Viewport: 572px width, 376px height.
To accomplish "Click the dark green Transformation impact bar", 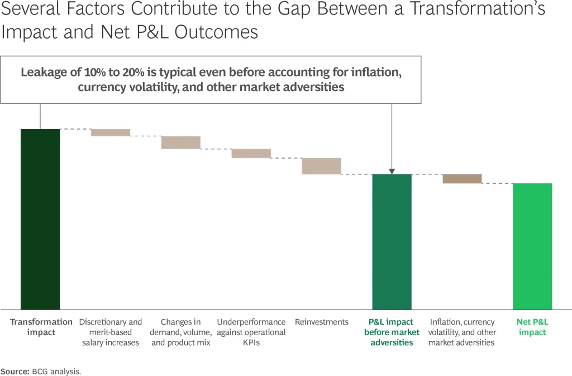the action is tap(40, 219).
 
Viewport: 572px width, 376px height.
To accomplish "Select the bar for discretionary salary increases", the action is tap(111, 133).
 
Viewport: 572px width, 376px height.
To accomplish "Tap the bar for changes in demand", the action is tap(181, 142).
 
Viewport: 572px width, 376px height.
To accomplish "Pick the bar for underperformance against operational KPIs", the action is tap(251, 154).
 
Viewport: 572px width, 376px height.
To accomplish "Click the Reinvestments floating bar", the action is tap(321, 166).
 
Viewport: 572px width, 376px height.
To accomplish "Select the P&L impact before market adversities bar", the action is tap(392, 242).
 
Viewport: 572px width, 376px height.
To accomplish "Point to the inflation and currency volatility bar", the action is tap(462, 179).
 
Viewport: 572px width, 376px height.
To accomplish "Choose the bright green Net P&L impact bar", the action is tap(532, 246).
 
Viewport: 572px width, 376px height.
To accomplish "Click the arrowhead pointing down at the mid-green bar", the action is tap(392, 172).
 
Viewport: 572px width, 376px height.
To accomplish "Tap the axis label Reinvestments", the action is tap(322, 322).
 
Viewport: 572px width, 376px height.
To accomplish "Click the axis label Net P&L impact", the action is tap(532, 327).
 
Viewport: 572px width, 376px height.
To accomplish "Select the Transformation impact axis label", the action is tap(41, 327).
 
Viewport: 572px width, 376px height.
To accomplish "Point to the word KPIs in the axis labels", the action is tap(251, 343).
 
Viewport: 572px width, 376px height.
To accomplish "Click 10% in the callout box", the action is tap(95, 72).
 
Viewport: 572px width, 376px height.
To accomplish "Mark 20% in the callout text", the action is tap(133, 72).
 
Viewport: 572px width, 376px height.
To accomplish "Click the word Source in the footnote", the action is tap(15, 372).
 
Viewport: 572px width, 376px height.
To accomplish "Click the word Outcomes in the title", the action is tap(216, 32).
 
